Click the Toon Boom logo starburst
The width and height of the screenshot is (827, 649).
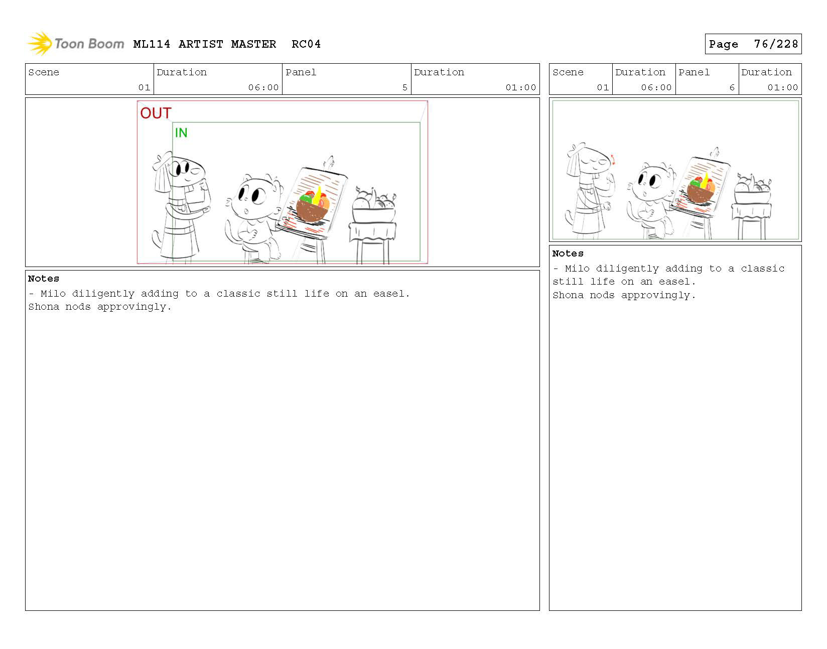pyautogui.click(x=39, y=44)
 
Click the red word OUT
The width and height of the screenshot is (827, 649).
pyautogui.click(x=156, y=113)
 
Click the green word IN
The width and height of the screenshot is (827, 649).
pyautogui.click(x=181, y=133)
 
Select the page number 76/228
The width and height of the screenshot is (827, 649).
pyautogui.click(x=776, y=44)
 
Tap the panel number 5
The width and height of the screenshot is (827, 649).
pyautogui.click(x=405, y=87)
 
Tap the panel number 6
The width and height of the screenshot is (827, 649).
pyautogui.click(x=732, y=87)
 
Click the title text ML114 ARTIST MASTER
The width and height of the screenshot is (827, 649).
pyautogui.click(x=205, y=44)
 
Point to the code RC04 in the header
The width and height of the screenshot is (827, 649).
pyautogui.click(x=306, y=44)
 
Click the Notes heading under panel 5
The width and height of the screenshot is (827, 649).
pyautogui.click(x=43, y=279)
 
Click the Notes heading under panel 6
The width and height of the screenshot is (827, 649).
pyautogui.click(x=568, y=253)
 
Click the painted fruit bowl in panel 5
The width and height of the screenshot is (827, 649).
pyautogui.click(x=313, y=206)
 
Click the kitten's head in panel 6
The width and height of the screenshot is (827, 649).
pyautogui.click(x=651, y=181)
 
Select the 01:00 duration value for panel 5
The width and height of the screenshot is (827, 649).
pyautogui.click(x=520, y=87)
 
